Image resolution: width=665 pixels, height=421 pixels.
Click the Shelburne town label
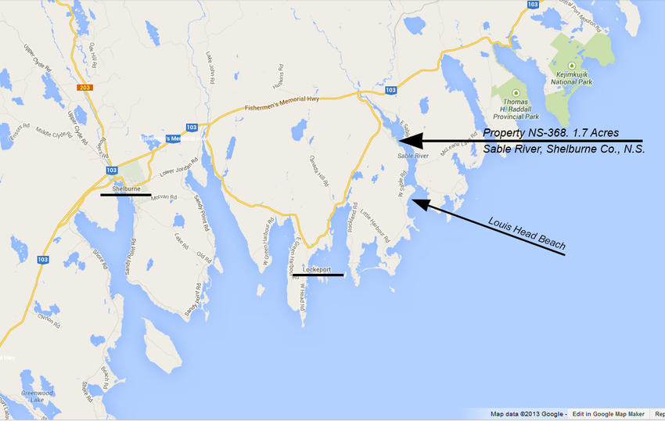(x=126, y=188)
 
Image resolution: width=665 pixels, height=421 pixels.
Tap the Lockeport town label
(x=317, y=268)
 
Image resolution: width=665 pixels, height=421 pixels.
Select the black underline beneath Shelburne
(x=125, y=196)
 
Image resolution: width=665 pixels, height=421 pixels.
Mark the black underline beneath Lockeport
(x=318, y=275)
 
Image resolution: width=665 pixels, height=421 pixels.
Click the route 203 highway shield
(x=85, y=88)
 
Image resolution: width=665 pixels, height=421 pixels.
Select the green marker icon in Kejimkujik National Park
(x=572, y=65)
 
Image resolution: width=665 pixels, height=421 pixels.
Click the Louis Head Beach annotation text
(x=526, y=234)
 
